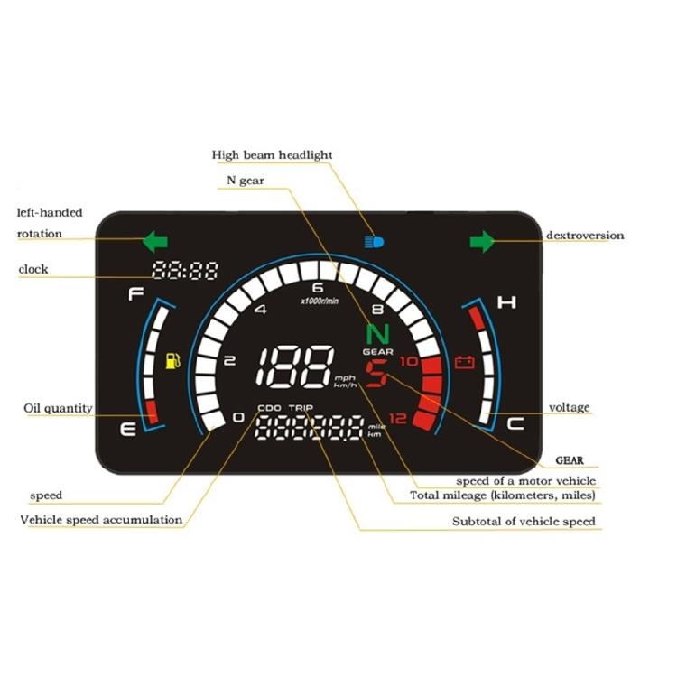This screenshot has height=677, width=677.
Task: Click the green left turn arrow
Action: pyautogui.click(x=155, y=241)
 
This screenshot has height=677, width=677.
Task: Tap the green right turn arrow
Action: pyautogui.click(x=482, y=241)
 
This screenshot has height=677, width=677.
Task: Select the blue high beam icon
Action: pyautogui.click(x=374, y=242)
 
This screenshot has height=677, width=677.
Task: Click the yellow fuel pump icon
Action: pyautogui.click(x=173, y=361)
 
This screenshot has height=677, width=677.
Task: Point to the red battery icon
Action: pyautogui.click(x=465, y=362)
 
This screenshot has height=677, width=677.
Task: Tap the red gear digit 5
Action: pyautogui.click(x=376, y=374)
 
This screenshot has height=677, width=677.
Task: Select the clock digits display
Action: pyautogui.click(x=185, y=271)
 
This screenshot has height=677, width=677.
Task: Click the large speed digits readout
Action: pyautogui.click(x=295, y=366)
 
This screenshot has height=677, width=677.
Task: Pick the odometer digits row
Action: pyautogui.click(x=309, y=428)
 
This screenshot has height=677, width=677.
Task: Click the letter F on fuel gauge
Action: pyautogui.click(x=135, y=294)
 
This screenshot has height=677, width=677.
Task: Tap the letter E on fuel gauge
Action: pyautogui.click(x=128, y=430)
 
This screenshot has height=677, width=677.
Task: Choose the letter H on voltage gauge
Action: pyautogui.click(x=506, y=302)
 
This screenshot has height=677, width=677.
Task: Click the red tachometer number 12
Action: pyautogui.click(x=398, y=418)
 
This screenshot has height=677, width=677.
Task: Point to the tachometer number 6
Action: pyautogui.click(x=318, y=288)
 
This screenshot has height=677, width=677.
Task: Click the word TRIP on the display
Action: pyautogui.click(x=301, y=408)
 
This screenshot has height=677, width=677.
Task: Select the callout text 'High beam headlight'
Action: pyautogui.click(x=272, y=155)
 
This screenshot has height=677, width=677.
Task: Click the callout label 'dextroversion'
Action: pyautogui.click(x=585, y=236)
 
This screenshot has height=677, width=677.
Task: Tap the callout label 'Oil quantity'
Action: pyautogui.click(x=59, y=408)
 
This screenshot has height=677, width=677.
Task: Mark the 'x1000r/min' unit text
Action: pyautogui.click(x=320, y=301)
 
